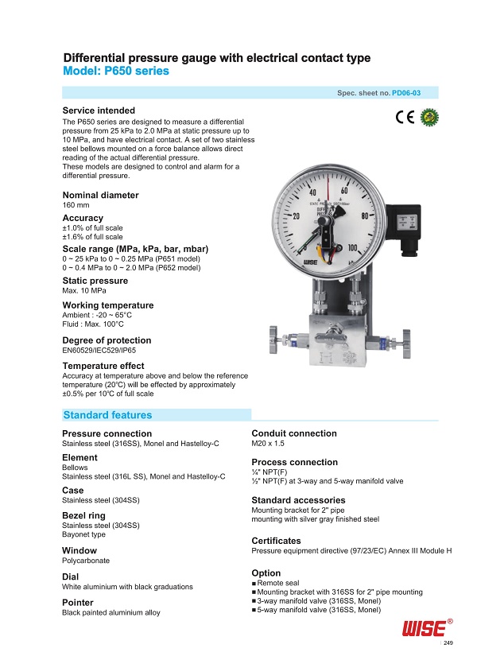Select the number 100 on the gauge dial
coord(355,248)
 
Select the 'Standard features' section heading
coord(107,415)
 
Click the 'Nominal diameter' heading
coord(100,195)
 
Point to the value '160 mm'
coord(76,206)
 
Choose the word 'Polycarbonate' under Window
coord(86,561)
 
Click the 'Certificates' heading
coord(276,541)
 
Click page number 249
coord(448,642)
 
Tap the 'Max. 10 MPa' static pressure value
coord(83,290)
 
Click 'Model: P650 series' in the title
coord(116,72)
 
